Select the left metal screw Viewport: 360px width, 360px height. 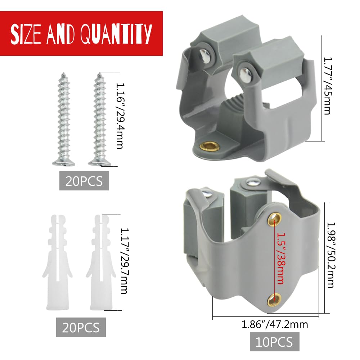[x=64, y=120]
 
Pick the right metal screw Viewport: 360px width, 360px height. [x=99, y=120]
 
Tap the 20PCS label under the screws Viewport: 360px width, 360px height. [x=84, y=181]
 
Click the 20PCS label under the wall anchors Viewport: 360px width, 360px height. [x=81, y=327]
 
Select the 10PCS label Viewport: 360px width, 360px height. [x=274, y=342]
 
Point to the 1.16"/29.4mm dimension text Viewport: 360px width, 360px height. [x=120, y=116]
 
